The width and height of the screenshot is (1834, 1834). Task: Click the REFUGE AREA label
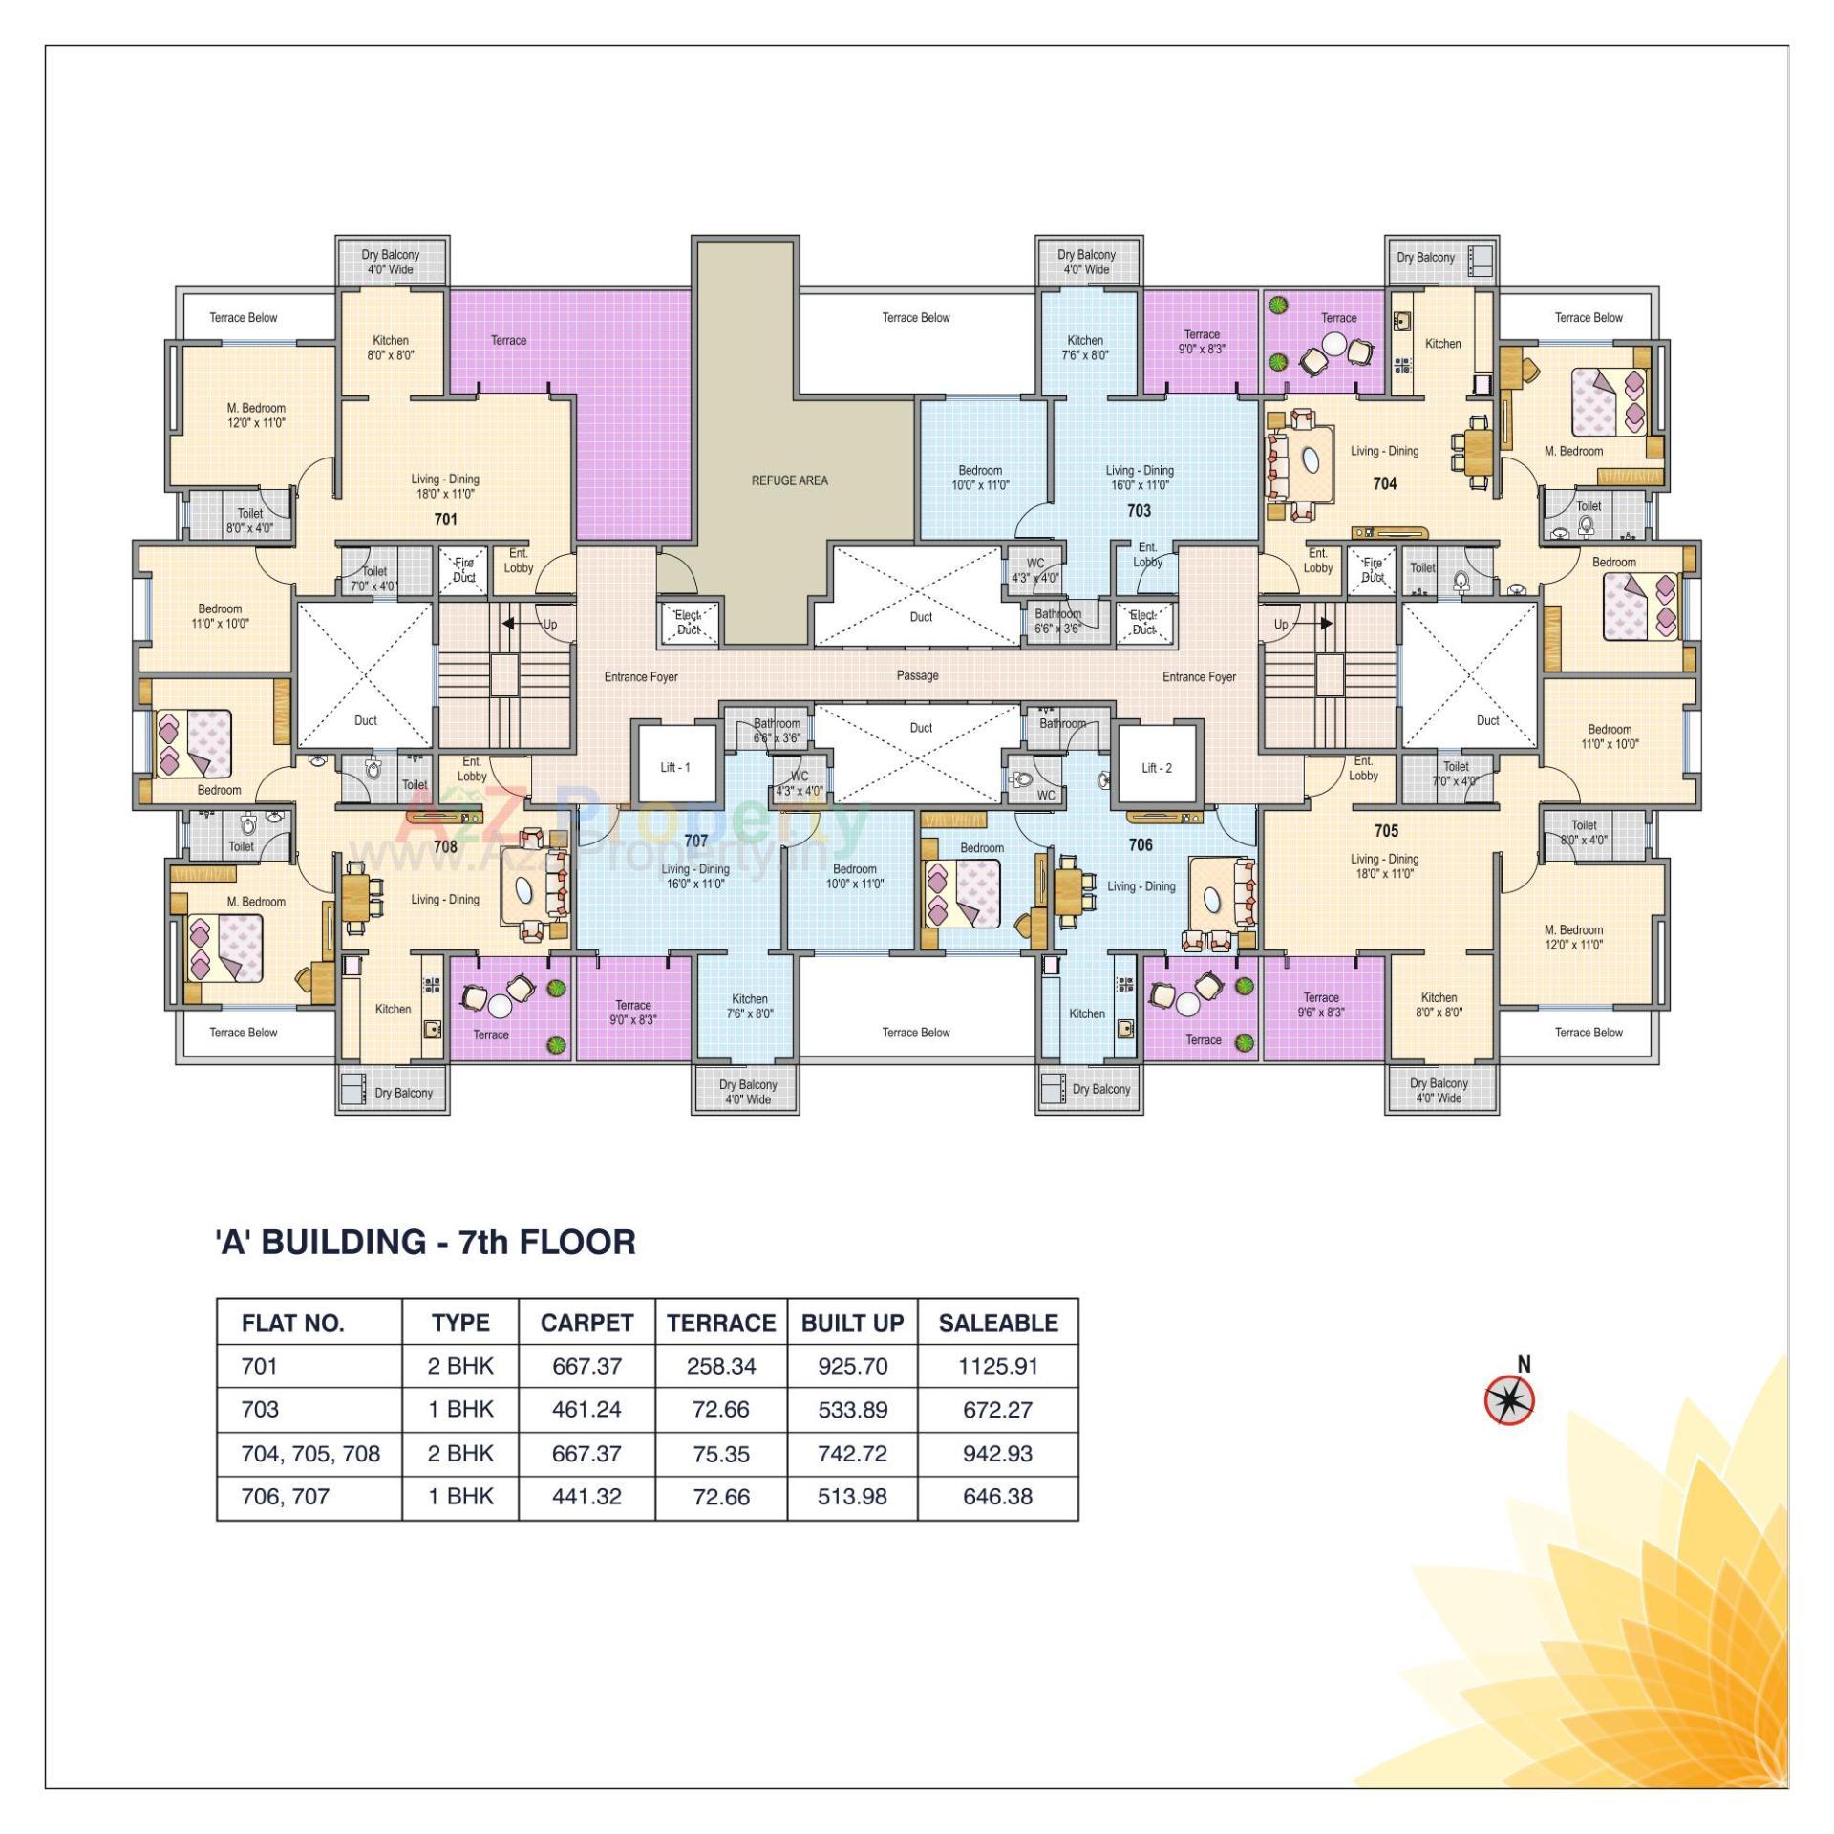[789, 480]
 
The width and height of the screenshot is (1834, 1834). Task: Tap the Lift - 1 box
[675, 766]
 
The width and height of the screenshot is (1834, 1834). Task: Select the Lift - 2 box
[1156, 767]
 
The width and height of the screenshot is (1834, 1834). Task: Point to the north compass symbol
[1509, 1400]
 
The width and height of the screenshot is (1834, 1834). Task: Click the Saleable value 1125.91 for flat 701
[997, 1366]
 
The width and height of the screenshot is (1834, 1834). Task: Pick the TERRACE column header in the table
[721, 1323]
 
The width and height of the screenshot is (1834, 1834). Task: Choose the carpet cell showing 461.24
[586, 1409]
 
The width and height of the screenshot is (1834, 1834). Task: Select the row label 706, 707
[285, 1496]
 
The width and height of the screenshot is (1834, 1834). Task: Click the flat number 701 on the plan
[445, 520]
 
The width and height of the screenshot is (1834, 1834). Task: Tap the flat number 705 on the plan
[1386, 831]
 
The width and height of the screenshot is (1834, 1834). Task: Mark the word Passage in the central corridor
[917, 675]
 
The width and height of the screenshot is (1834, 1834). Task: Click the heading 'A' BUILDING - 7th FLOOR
[425, 1242]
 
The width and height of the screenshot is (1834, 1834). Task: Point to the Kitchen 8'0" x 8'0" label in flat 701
[391, 348]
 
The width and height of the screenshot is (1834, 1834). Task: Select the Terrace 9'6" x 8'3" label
[1322, 1005]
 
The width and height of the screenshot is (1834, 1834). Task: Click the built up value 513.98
[852, 1496]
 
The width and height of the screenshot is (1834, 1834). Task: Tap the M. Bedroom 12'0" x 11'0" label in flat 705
[1573, 937]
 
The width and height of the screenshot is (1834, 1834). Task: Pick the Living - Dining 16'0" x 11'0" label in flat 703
[1140, 478]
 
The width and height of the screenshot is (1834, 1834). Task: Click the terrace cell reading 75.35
[721, 1454]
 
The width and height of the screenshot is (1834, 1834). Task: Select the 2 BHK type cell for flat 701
[460, 1366]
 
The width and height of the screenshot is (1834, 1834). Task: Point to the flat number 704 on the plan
[1385, 483]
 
